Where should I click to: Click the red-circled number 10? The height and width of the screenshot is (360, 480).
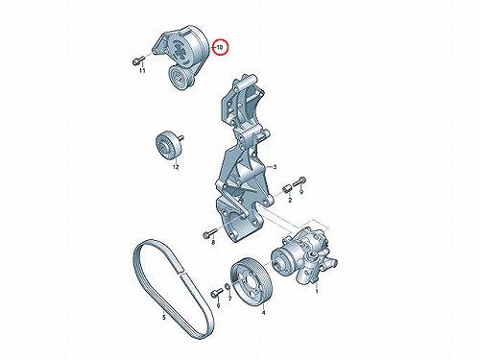220,48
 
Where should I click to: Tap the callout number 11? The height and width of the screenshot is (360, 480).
142,70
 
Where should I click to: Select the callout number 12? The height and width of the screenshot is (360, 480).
176,167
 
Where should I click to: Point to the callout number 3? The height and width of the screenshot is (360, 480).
275,167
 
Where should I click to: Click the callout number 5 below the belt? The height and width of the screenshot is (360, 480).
164,318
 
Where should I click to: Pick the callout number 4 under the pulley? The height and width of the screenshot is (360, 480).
263,312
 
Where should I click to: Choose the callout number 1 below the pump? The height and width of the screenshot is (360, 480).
317,292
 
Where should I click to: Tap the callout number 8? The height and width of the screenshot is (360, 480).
213,243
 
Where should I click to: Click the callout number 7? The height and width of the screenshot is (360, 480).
229,299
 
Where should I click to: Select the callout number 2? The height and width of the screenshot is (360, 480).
290,201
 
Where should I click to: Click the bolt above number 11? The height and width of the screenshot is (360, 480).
137,60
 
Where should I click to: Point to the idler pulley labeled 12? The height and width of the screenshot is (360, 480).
169,144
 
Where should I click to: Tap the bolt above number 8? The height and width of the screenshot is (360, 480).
209,233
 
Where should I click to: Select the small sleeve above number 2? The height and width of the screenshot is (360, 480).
287,189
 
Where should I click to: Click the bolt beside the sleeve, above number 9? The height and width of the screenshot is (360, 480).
300,181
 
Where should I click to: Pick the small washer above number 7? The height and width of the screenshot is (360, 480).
228,287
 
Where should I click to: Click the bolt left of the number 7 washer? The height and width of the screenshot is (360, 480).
216,292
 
